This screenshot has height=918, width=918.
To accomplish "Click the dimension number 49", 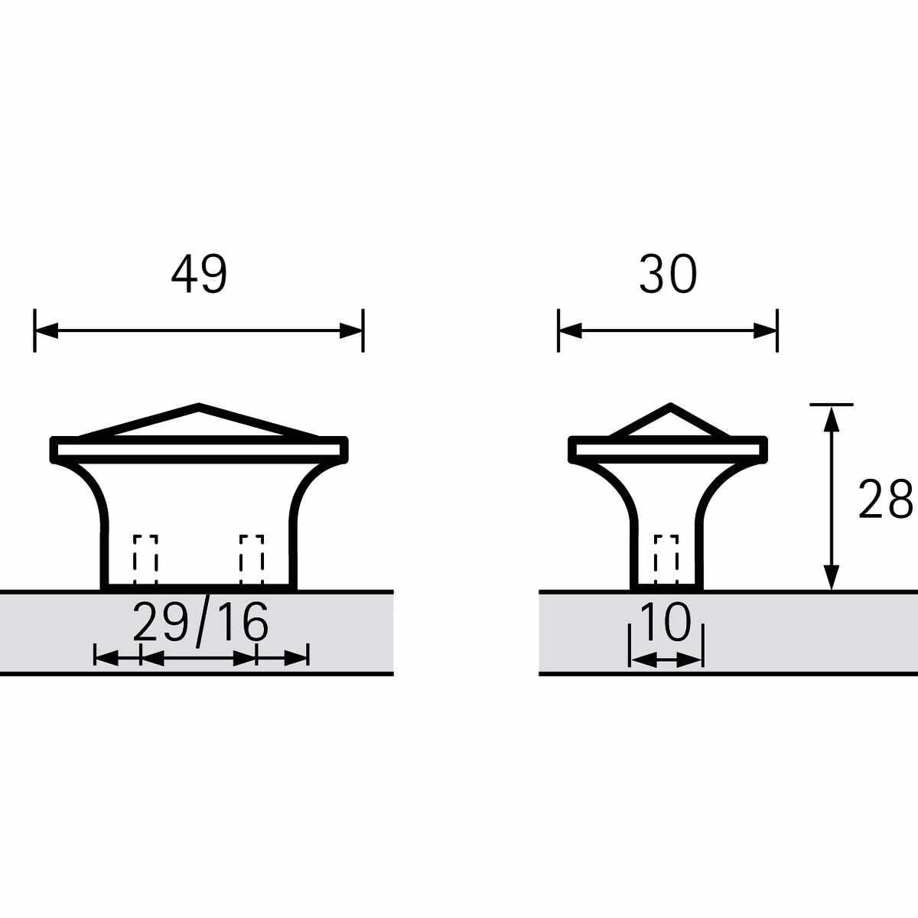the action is click(199, 275).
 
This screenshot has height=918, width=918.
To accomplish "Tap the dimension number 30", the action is click(668, 275).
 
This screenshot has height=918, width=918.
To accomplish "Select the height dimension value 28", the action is click(886, 499).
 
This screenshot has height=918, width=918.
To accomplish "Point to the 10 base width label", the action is click(666, 621).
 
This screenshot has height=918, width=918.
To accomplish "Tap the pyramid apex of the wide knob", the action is click(199, 405).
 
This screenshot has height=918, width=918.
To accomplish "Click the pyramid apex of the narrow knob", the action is click(671, 405).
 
